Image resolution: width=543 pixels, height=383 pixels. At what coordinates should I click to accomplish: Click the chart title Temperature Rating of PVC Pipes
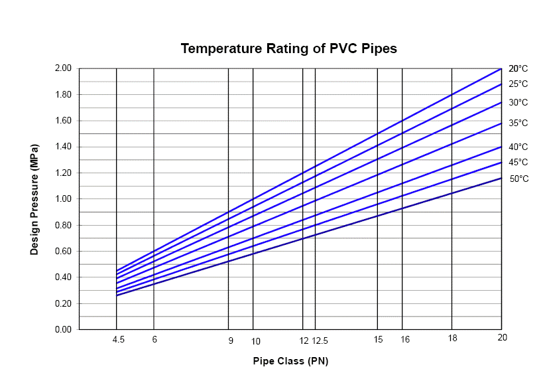(288, 49)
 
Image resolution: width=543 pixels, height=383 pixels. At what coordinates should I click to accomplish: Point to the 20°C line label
(518, 69)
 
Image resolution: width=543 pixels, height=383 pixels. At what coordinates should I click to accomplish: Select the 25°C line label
(518, 84)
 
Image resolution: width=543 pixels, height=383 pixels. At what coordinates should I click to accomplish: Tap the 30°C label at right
(518, 103)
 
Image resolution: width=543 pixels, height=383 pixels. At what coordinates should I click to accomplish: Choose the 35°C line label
(518, 123)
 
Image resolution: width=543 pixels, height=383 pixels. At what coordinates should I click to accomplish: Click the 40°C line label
(518, 147)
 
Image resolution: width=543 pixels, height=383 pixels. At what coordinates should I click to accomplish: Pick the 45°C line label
(518, 163)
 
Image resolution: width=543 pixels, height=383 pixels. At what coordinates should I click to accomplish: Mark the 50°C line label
(518, 179)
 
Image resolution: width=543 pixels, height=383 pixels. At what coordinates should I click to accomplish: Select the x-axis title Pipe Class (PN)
(290, 362)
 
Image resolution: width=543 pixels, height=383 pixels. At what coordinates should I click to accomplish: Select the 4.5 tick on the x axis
(119, 340)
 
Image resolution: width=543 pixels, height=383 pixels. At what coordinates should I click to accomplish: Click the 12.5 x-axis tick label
(320, 341)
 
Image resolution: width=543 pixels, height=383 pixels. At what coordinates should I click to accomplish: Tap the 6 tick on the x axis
(154, 340)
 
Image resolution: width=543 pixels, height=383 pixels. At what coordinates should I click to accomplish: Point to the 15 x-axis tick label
(378, 340)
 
